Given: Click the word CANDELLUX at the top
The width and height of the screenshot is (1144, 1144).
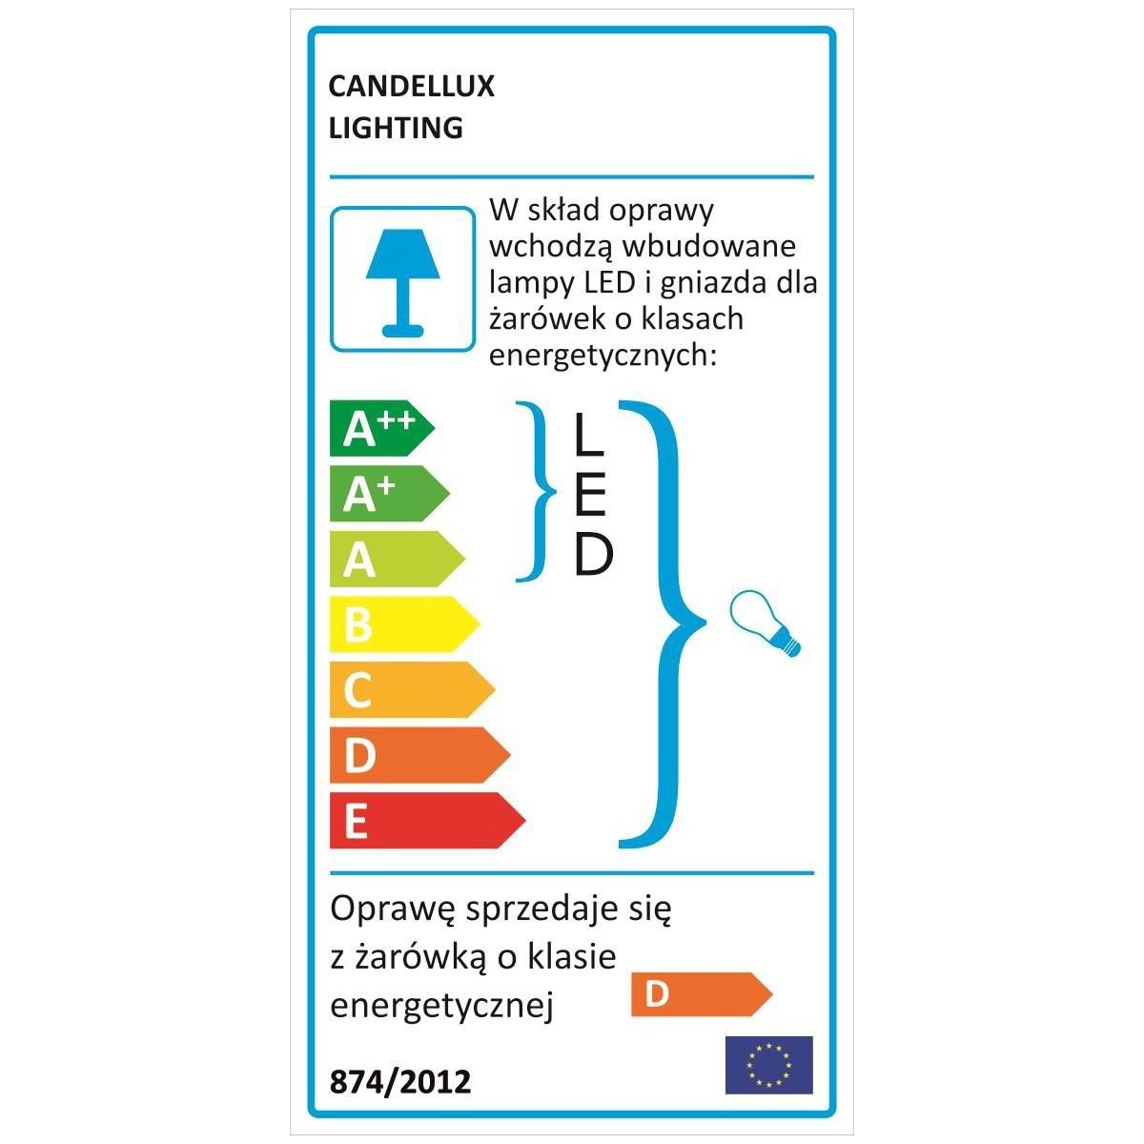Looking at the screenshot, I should [411, 87].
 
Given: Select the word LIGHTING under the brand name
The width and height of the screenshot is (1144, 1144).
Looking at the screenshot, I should [396, 128].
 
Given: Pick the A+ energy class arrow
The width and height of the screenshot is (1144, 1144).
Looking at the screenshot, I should [387, 494].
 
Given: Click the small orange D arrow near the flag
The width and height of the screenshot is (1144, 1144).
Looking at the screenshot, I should [700, 994].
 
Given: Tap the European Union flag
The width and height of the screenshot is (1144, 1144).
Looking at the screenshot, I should [768, 1065].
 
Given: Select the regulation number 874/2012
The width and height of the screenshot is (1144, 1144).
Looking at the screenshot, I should [399, 1082].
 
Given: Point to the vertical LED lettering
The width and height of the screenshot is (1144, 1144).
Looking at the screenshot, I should [591, 496].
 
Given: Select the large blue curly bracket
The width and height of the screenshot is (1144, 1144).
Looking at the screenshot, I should [666, 624].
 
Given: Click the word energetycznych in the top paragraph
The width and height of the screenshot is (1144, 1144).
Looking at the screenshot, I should [601, 356].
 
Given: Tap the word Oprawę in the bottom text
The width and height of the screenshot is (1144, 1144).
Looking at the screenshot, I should [392, 910].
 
